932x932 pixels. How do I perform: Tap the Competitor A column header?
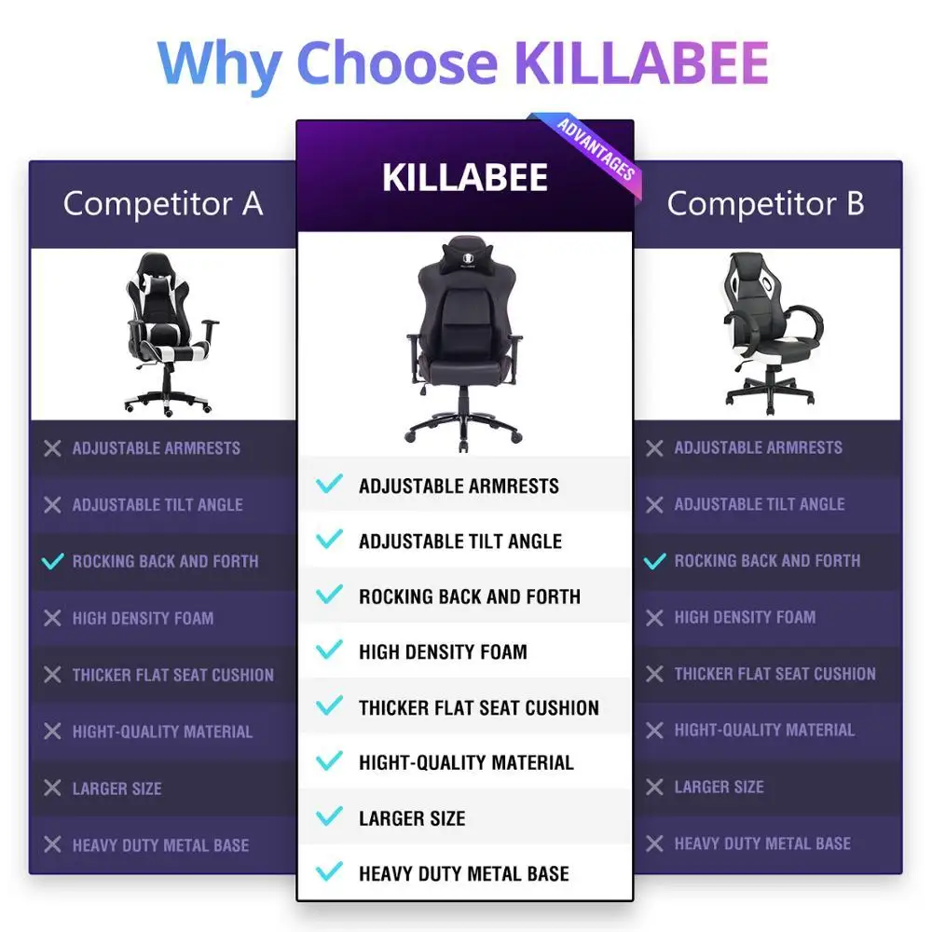[x=163, y=203]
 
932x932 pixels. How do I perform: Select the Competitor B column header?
[x=765, y=203]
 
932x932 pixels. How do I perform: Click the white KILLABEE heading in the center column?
[x=464, y=177]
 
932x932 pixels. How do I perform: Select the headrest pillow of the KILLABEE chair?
[x=463, y=252]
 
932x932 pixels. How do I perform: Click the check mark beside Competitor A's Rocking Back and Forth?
[x=53, y=561]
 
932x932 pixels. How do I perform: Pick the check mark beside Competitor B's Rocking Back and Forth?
[x=655, y=561]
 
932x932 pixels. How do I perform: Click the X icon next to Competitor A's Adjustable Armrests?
[x=53, y=448]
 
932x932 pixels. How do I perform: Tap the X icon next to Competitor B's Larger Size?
[x=655, y=788]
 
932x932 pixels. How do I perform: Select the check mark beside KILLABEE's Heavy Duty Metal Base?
[x=329, y=873]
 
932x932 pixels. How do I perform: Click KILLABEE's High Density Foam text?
[x=443, y=652]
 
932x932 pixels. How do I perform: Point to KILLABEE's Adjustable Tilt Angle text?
[x=460, y=541]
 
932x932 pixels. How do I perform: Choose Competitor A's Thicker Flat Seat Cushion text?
[x=173, y=675]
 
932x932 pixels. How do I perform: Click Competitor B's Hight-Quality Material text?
[x=764, y=731]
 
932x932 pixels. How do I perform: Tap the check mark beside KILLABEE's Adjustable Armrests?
[x=329, y=485]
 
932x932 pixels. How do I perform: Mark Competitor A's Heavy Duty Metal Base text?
[x=160, y=845]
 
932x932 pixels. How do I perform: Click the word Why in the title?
[x=220, y=62]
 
